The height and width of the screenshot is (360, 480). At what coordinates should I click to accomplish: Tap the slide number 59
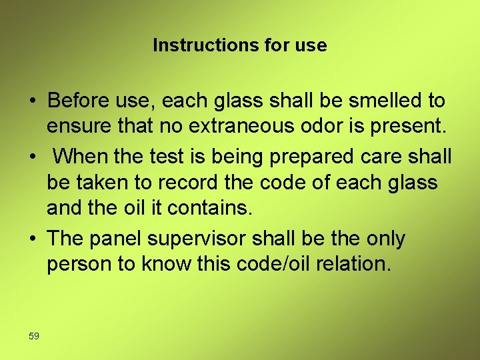click(34, 336)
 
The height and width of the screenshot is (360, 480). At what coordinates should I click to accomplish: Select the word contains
click(209, 207)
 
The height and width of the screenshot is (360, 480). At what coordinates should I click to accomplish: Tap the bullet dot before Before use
click(32, 101)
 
